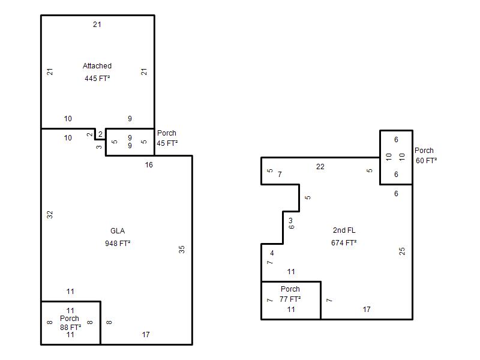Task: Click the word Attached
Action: (x=97, y=66)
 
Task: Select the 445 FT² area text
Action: (x=97, y=79)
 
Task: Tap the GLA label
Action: (x=118, y=231)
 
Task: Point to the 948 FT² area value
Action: (x=118, y=244)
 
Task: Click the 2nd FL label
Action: (x=344, y=230)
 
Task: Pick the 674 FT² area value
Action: (x=344, y=243)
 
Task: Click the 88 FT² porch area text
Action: (x=70, y=327)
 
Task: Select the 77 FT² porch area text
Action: (x=290, y=299)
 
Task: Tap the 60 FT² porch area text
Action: (x=426, y=160)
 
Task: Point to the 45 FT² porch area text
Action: (x=167, y=143)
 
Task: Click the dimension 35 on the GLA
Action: (x=182, y=250)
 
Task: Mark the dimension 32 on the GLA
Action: (x=50, y=215)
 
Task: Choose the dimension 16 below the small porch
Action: (x=149, y=165)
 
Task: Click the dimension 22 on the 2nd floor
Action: (x=320, y=167)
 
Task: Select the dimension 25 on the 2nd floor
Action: (x=402, y=251)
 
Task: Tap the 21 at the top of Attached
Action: (x=97, y=25)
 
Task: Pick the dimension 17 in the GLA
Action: (x=146, y=335)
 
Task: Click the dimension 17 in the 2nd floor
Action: (x=367, y=310)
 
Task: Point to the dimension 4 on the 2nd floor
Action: (x=272, y=253)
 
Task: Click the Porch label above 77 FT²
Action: (x=290, y=289)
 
